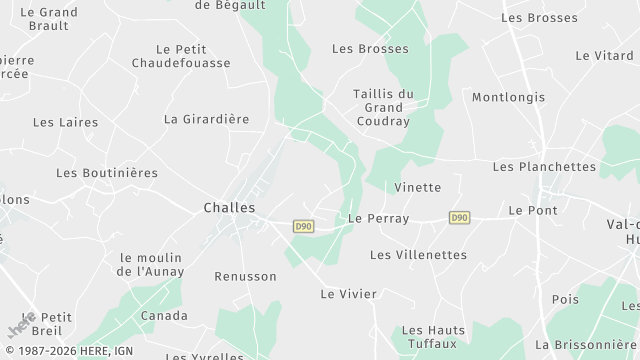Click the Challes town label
pos(229,208)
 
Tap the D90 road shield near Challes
pos(303,227)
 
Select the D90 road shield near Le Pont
pos(459,217)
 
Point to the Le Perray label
pos(378,218)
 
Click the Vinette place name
pos(417,187)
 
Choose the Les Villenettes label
pos(418,255)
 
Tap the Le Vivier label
pos(348,294)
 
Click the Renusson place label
pos(245,276)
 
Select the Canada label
pos(163,316)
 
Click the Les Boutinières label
pos(107,173)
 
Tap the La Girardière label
pos(206,119)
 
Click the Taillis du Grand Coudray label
pos(383,108)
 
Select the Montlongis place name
pos(508,97)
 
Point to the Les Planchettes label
pos(544,166)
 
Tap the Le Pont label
pos(533,210)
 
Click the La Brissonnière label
pos(593,343)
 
